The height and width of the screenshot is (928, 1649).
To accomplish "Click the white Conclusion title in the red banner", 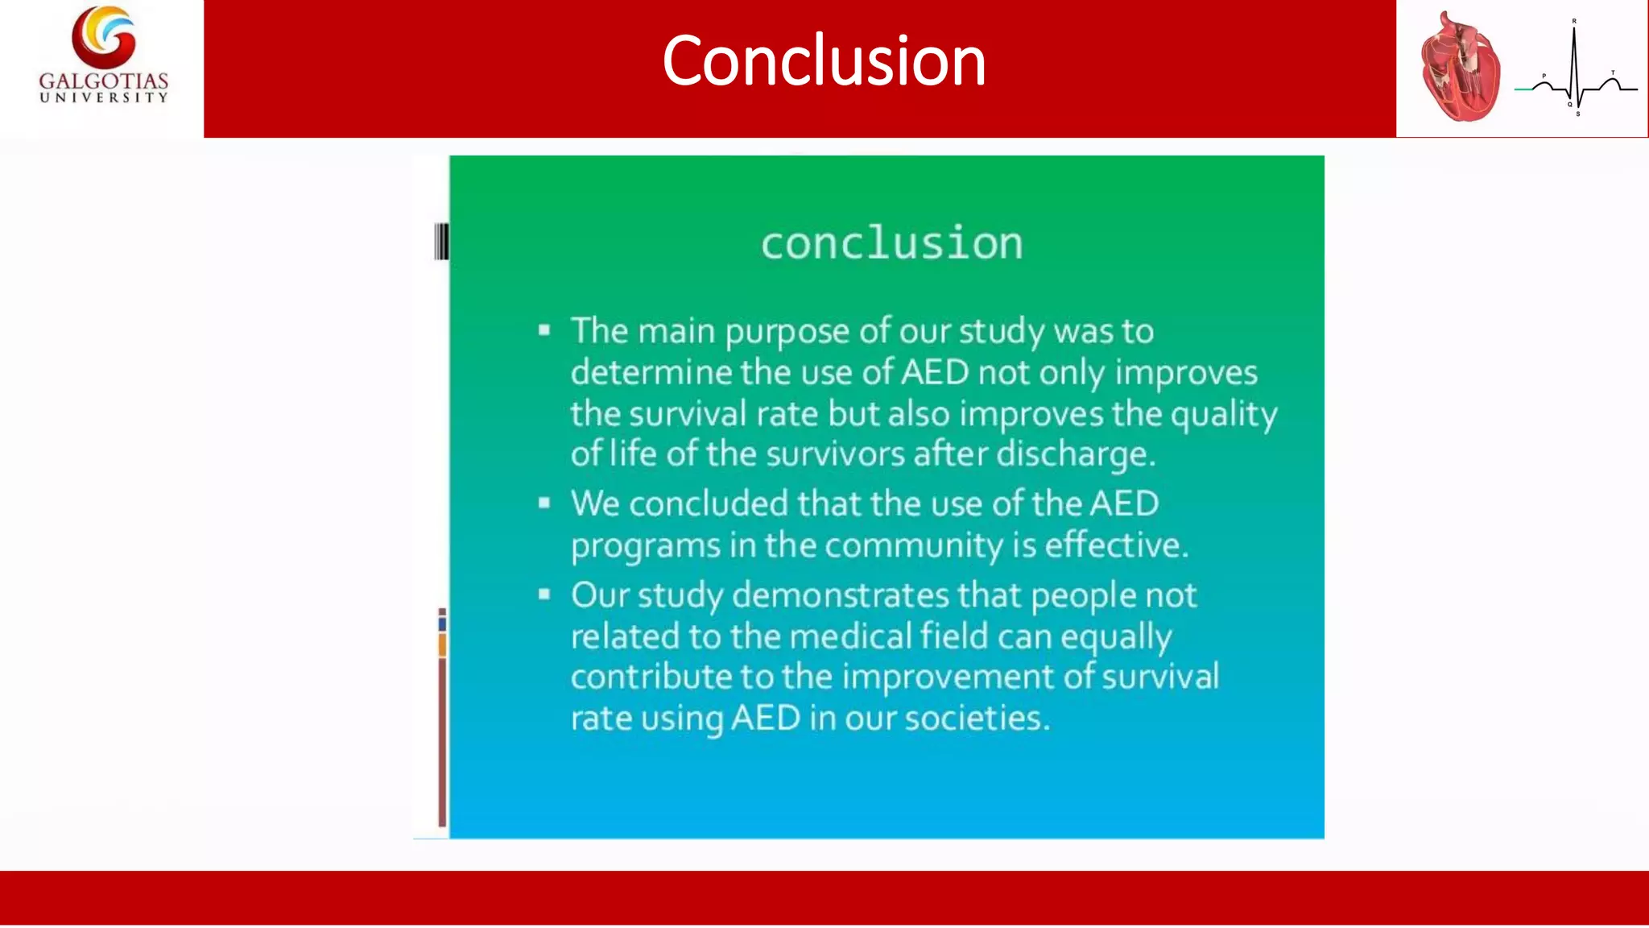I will coord(824,61).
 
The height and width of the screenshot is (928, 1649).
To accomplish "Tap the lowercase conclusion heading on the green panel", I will coord(891,243).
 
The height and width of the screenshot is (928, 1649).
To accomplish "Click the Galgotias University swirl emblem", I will coord(104,37).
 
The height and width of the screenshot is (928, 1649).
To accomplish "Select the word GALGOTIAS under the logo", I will coord(104,81).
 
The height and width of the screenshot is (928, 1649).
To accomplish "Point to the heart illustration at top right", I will coord(1461,69).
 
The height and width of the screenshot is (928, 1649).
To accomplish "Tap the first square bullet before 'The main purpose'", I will coord(544,329).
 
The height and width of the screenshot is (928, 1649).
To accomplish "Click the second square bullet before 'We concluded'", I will coord(544,503).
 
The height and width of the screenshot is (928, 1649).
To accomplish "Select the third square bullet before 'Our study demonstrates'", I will coord(544,594).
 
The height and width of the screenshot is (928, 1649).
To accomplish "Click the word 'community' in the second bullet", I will coord(914,545).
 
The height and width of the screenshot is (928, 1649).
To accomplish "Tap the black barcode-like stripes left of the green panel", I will coord(441,242).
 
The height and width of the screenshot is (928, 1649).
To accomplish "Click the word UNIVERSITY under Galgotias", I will coord(104,97).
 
